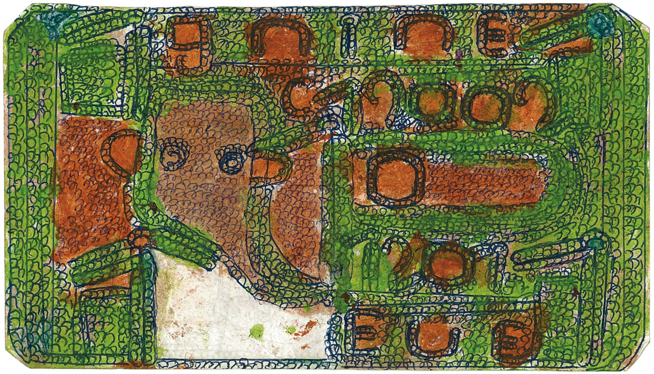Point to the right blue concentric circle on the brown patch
pyautogui.click(x=232, y=162)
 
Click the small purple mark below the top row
pyautogui.click(x=460, y=54)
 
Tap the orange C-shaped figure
pyautogui.click(x=300, y=99)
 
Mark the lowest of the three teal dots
pyautogui.click(x=595, y=243)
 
